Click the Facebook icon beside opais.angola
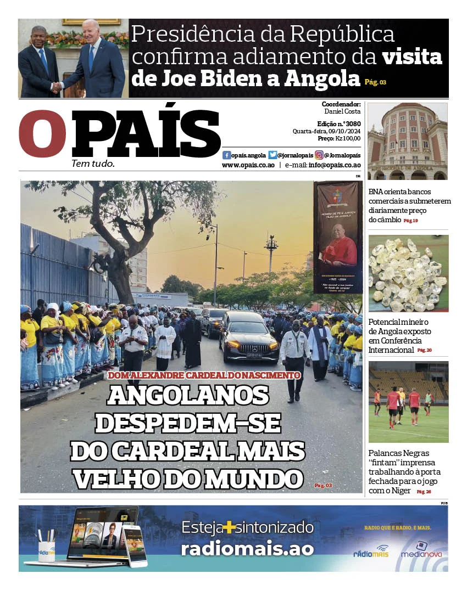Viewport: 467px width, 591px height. [226, 155]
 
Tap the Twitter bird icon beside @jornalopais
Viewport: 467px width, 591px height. [273, 155]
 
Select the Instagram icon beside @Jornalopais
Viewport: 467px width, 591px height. [319, 155]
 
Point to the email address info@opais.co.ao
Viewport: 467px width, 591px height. [334, 165]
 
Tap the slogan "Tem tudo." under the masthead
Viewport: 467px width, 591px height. [93, 164]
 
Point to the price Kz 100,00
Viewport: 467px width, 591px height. [347, 139]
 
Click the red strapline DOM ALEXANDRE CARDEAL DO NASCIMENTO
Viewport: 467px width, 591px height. [204, 376]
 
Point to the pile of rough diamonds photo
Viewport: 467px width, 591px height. [408, 273]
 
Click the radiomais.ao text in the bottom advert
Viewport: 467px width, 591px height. [247, 549]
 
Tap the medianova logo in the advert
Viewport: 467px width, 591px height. [421, 550]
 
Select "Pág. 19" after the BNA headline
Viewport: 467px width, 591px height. [411, 221]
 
